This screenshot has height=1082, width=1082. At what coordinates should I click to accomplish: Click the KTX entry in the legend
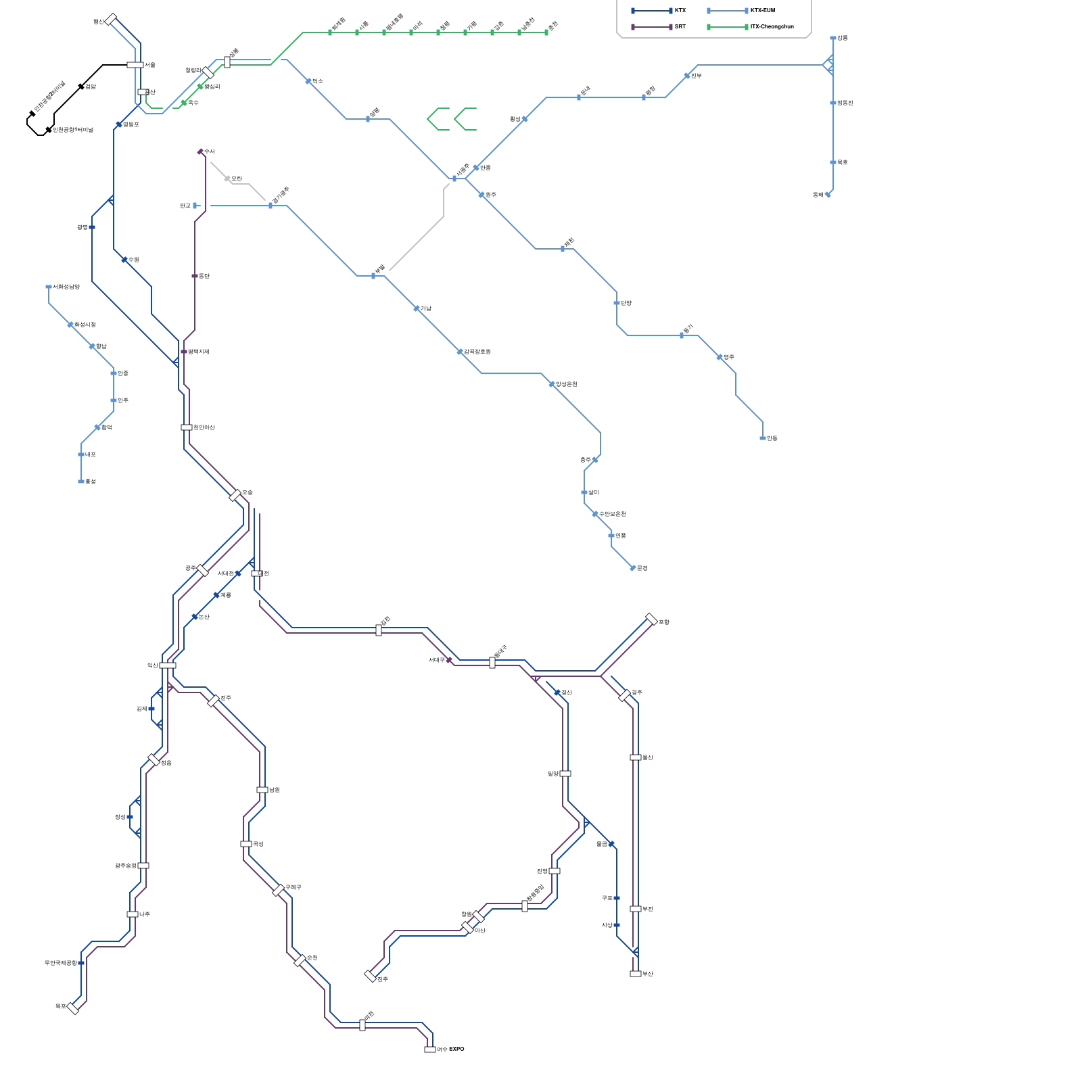(x=680, y=11)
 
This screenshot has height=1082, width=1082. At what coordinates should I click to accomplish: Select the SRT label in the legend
(x=680, y=27)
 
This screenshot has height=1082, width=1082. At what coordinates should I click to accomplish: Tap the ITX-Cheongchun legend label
(x=772, y=27)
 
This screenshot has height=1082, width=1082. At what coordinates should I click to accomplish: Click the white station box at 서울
(x=135, y=65)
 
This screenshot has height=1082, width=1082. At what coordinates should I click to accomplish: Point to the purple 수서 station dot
(x=200, y=151)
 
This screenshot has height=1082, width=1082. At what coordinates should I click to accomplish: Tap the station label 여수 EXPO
(x=450, y=1050)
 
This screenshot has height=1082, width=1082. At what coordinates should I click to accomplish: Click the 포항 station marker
(x=651, y=619)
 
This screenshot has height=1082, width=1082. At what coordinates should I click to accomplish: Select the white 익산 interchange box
(x=168, y=665)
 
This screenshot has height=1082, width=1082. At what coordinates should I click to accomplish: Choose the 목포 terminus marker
(x=73, y=1008)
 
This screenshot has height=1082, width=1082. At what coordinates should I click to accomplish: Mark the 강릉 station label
(x=842, y=38)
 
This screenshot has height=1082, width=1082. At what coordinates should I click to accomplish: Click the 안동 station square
(x=763, y=438)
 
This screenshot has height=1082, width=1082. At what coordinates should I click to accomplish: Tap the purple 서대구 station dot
(x=450, y=660)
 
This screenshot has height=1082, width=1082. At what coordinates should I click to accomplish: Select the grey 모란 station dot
(x=227, y=179)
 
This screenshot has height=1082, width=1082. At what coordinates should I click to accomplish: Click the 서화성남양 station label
(x=66, y=287)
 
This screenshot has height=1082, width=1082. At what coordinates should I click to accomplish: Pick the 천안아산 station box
(x=187, y=427)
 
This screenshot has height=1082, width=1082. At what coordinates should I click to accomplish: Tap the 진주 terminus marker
(x=370, y=976)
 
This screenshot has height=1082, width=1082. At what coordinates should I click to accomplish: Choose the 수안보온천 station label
(x=613, y=514)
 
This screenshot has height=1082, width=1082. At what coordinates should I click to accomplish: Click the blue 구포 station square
(x=617, y=898)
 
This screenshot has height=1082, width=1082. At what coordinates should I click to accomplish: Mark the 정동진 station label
(x=845, y=103)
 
